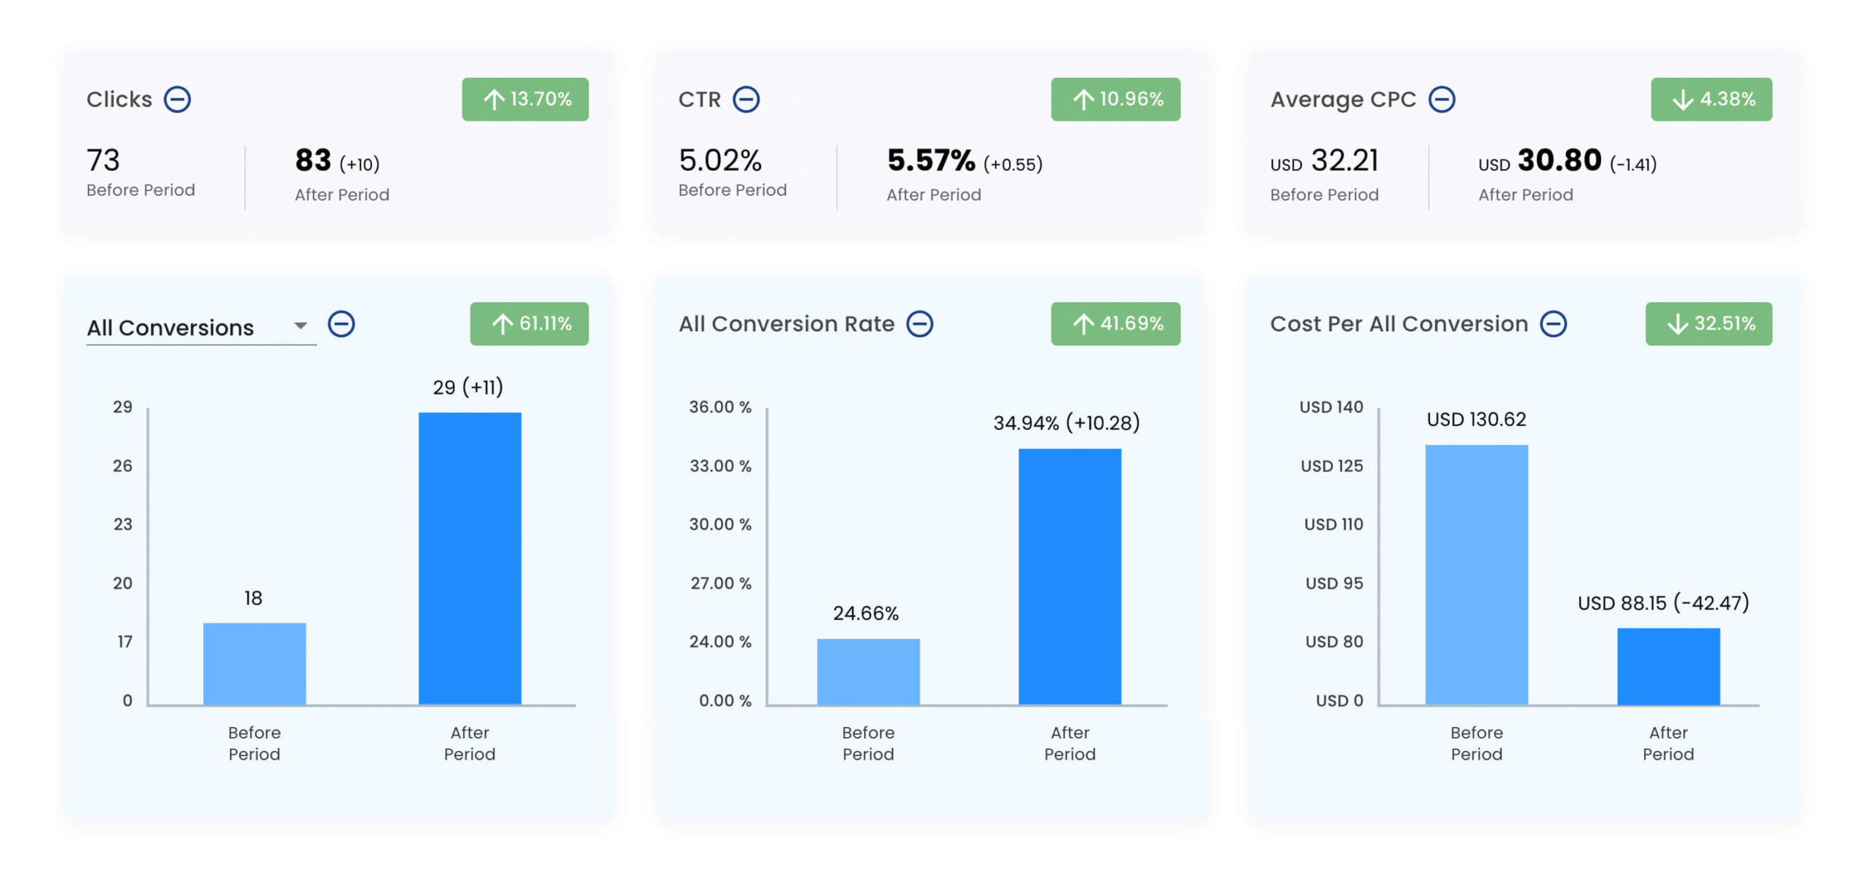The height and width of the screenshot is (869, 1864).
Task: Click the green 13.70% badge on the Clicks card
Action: (524, 99)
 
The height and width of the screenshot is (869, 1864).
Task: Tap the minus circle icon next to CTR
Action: (746, 99)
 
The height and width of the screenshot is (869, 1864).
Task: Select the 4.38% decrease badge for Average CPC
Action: (1710, 99)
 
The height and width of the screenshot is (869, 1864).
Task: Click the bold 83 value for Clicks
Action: (312, 160)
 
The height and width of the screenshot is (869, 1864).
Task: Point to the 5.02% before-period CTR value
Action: (719, 160)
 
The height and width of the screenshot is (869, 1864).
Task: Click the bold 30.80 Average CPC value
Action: (1558, 160)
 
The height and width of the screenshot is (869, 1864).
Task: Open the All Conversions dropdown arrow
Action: (300, 325)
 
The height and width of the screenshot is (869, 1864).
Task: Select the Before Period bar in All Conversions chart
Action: (254, 663)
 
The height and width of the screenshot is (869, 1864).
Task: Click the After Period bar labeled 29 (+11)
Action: (470, 558)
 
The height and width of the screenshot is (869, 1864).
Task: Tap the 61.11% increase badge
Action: (529, 323)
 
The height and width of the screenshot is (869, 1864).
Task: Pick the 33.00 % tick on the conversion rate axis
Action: (720, 465)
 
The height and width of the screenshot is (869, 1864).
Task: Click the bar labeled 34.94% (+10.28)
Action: (1069, 576)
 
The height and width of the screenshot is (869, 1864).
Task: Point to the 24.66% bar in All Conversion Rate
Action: (868, 671)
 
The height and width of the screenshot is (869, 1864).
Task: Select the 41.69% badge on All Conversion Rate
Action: (1115, 323)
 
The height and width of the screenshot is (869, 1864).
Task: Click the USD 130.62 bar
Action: (1476, 574)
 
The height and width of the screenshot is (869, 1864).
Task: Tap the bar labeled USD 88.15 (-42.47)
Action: (1667, 666)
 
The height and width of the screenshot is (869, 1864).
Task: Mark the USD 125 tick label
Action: (1331, 465)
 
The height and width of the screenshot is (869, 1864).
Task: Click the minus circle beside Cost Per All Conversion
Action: (1552, 323)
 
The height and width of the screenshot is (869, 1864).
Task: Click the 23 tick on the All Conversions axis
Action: (122, 524)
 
